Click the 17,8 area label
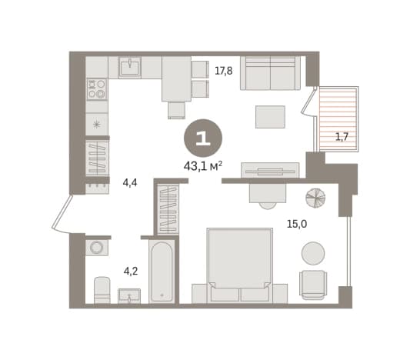(x=224, y=71)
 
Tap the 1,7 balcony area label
(x=342, y=137)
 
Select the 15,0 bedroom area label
(x=297, y=224)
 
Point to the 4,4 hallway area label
(x=130, y=182)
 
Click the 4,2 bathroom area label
(x=131, y=271)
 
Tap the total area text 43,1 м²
(x=203, y=166)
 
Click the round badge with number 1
(x=203, y=138)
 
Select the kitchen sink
(x=130, y=67)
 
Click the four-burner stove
(x=97, y=89)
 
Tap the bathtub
(x=162, y=272)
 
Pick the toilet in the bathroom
(x=102, y=290)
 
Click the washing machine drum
(x=96, y=247)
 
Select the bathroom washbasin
(x=129, y=296)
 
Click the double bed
(x=240, y=265)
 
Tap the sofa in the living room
(x=270, y=73)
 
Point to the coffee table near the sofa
(x=270, y=117)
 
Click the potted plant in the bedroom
(x=315, y=198)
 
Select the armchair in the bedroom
(x=313, y=285)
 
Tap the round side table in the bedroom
(x=313, y=253)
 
